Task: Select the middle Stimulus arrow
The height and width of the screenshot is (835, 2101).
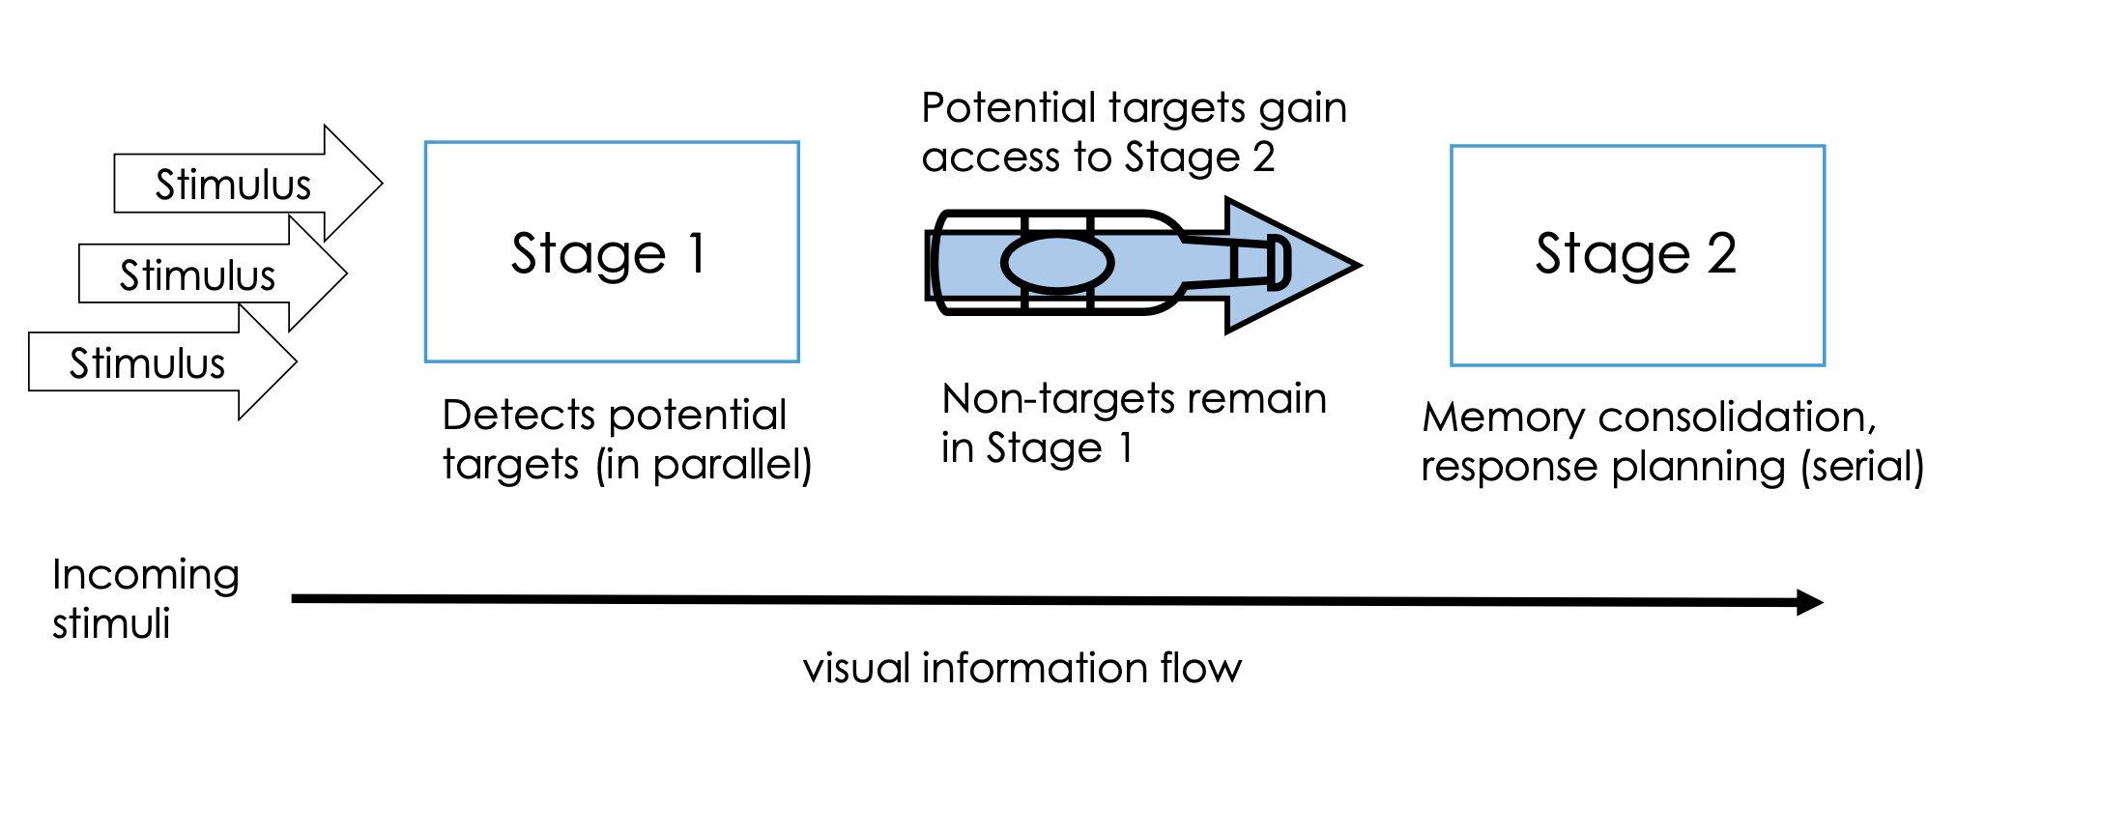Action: pos(198,274)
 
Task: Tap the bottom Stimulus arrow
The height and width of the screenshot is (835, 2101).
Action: pos(147,363)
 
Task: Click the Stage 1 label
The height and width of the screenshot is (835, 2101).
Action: pos(609,254)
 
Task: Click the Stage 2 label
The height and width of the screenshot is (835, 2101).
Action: pos(1636,254)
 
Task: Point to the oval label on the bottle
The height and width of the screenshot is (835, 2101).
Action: pos(1057,263)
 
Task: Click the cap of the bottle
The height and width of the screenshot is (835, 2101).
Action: pos(1278,263)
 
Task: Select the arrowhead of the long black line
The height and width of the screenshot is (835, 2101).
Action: pos(1809,602)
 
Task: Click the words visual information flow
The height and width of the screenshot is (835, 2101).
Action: pos(1022,668)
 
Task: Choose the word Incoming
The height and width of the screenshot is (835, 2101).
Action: pos(146,575)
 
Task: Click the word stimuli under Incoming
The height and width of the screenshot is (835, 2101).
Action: pos(111,623)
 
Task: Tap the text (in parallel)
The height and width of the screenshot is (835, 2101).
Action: pos(704,465)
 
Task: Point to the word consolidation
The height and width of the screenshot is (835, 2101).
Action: pos(1737,417)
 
